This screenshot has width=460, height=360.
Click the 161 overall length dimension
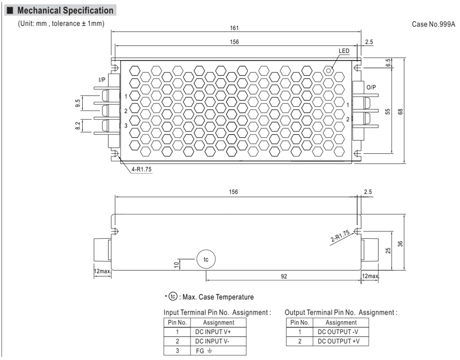point(234,28)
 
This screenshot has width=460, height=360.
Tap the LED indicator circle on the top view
point(328,70)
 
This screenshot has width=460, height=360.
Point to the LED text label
point(344,51)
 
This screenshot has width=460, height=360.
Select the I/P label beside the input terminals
point(102,80)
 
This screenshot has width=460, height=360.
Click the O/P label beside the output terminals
point(371,87)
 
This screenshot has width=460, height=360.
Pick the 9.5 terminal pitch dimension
point(77,103)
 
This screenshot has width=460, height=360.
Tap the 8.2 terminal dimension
point(77,126)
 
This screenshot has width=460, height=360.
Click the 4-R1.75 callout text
point(141,169)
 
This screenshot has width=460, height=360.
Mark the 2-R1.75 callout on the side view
point(340,236)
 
